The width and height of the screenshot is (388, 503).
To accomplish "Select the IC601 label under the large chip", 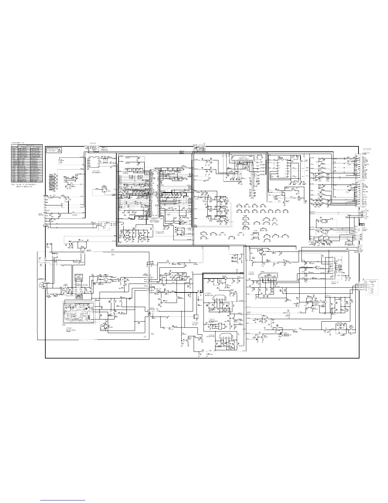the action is point(154,219).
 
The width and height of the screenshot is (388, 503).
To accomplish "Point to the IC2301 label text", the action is point(243,157).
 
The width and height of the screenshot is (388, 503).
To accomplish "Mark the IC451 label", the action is point(251,272).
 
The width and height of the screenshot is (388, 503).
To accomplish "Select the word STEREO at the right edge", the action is point(367,149).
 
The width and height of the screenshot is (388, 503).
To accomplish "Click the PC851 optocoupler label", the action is point(152,308).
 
